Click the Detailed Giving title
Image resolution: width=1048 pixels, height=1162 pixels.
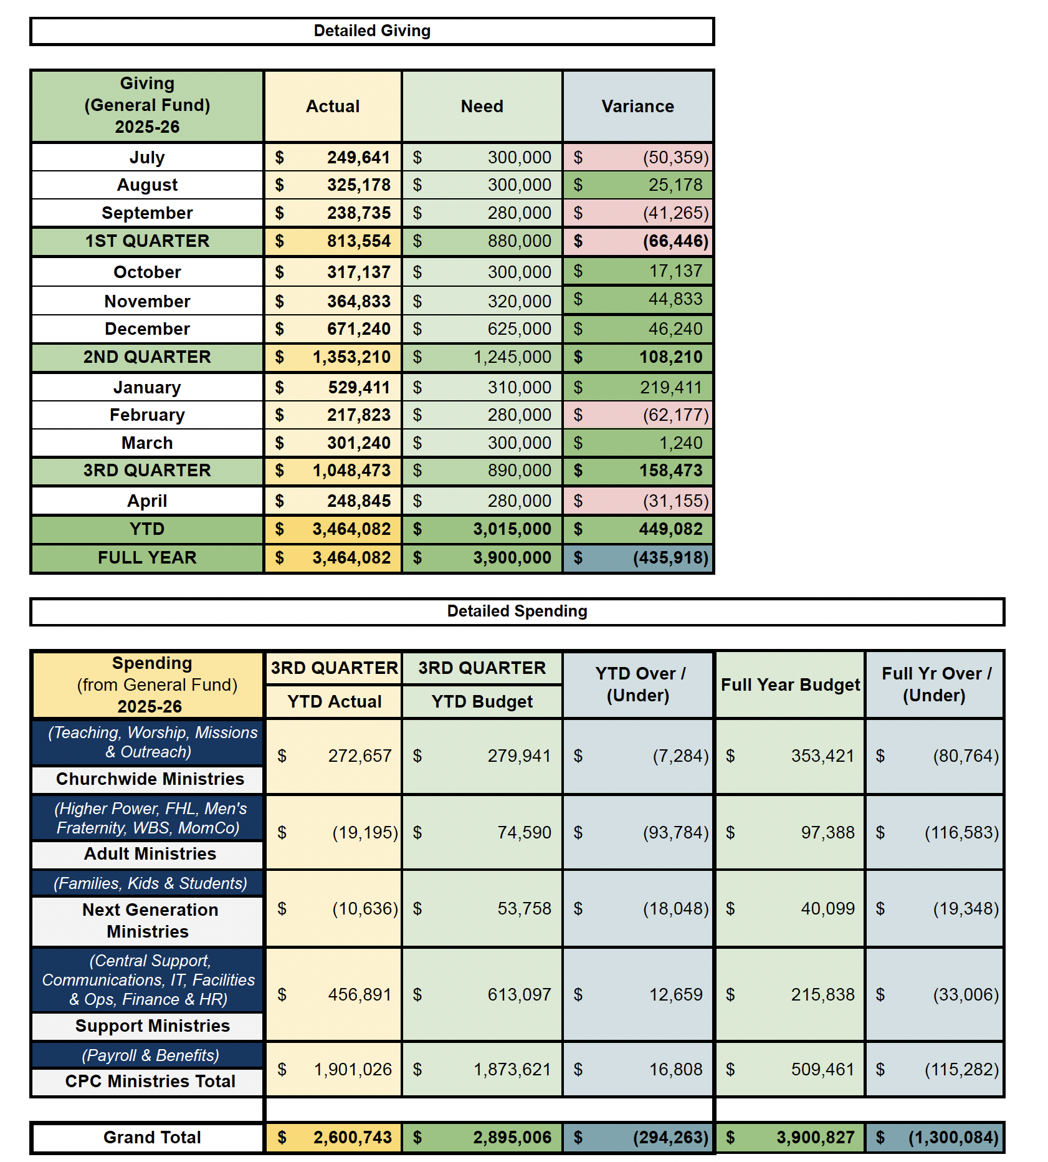coord(372,31)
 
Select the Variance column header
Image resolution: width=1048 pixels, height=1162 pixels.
coord(637,106)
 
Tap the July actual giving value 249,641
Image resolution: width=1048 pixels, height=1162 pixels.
coord(358,157)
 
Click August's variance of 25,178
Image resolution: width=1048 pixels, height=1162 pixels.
coord(675,185)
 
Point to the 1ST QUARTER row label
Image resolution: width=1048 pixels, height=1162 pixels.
coord(147,241)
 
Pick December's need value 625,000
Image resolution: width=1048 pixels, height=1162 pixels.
coord(519,329)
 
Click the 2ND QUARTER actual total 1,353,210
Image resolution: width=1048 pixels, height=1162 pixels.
coord(351,357)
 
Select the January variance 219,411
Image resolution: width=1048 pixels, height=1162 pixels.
coord(670,387)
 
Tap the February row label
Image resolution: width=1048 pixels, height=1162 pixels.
coord(147,415)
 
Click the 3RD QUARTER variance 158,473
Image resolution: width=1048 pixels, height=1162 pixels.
coord(670,471)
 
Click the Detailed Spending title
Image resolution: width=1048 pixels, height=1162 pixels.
coord(517,611)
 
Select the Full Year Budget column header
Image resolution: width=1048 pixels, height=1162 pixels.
coord(790,684)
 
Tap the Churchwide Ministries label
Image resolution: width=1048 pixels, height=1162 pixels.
coord(150,779)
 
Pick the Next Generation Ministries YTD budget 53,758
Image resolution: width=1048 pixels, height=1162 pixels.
coord(524,908)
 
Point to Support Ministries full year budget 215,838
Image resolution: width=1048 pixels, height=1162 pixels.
coord(822,994)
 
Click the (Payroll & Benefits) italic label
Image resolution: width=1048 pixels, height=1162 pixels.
coord(150,1055)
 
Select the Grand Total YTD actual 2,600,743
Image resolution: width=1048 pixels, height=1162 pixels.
coord(352,1137)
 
